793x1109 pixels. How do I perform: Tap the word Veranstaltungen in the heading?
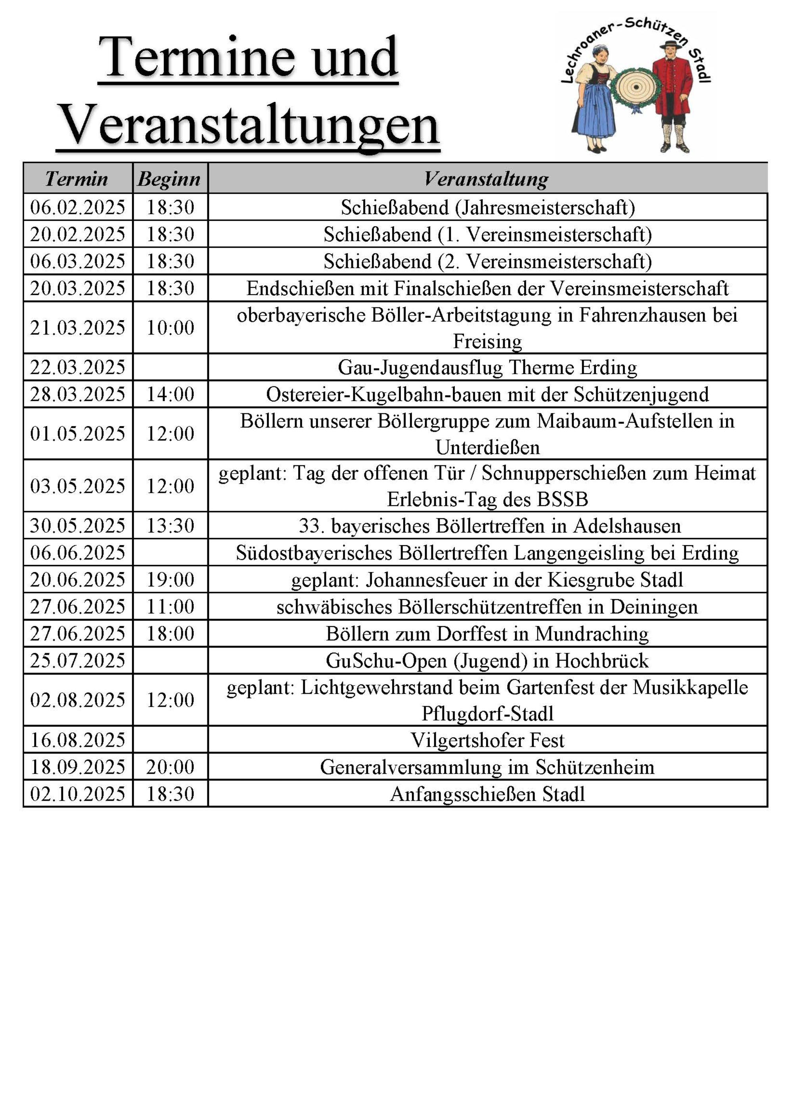(x=248, y=125)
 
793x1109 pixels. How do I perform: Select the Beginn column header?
(x=169, y=179)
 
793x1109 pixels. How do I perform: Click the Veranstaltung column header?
(x=487, y=179)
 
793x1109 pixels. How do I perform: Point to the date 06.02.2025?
(x=78, y=207)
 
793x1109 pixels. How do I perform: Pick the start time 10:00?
(x=170, y=327)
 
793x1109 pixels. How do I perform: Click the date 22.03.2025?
(x=78, y=367)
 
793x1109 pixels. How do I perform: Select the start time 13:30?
(x=170, y=526)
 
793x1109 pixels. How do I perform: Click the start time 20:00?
(x=170, y=767)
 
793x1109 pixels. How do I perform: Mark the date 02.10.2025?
(x=78, y=794)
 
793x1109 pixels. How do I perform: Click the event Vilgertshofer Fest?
(x=487, y=740)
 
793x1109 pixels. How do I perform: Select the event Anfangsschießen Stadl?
(x=487, y=794)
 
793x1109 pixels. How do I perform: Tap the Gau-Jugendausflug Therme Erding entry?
(x=487, y=367)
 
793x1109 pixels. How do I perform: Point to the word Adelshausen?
(x=627, y=526)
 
